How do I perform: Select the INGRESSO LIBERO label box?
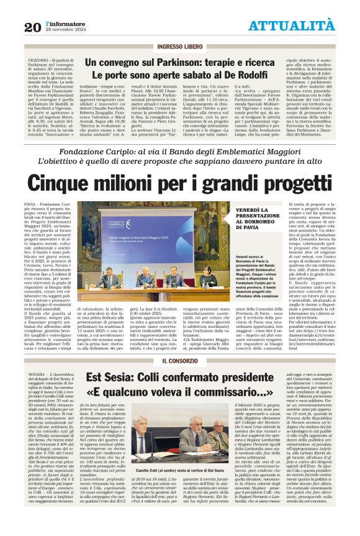point(179,47)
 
